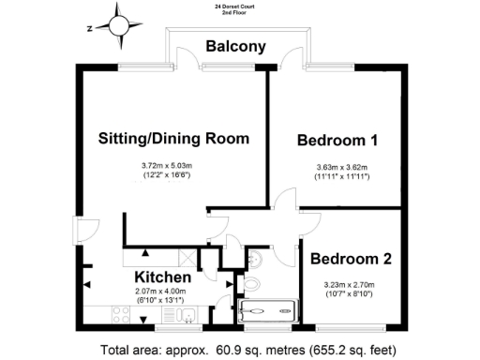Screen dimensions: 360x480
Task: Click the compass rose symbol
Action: pyautogui.click(x=118, y=26)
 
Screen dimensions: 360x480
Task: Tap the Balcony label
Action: pyautogui.click(x=236, y=46)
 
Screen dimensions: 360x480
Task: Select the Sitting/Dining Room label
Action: pyautogui.click(x=174, y=139)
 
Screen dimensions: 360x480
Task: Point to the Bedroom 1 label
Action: pyautogui.click(x=337, y=142)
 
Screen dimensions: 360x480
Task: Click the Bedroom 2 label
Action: pyautogui.click(x=351, y=259)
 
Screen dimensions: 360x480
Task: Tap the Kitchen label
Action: pyautogui.click(x=163, y=278)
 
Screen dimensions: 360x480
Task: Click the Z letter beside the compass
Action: pyautogui.click(x=89, y=28)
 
